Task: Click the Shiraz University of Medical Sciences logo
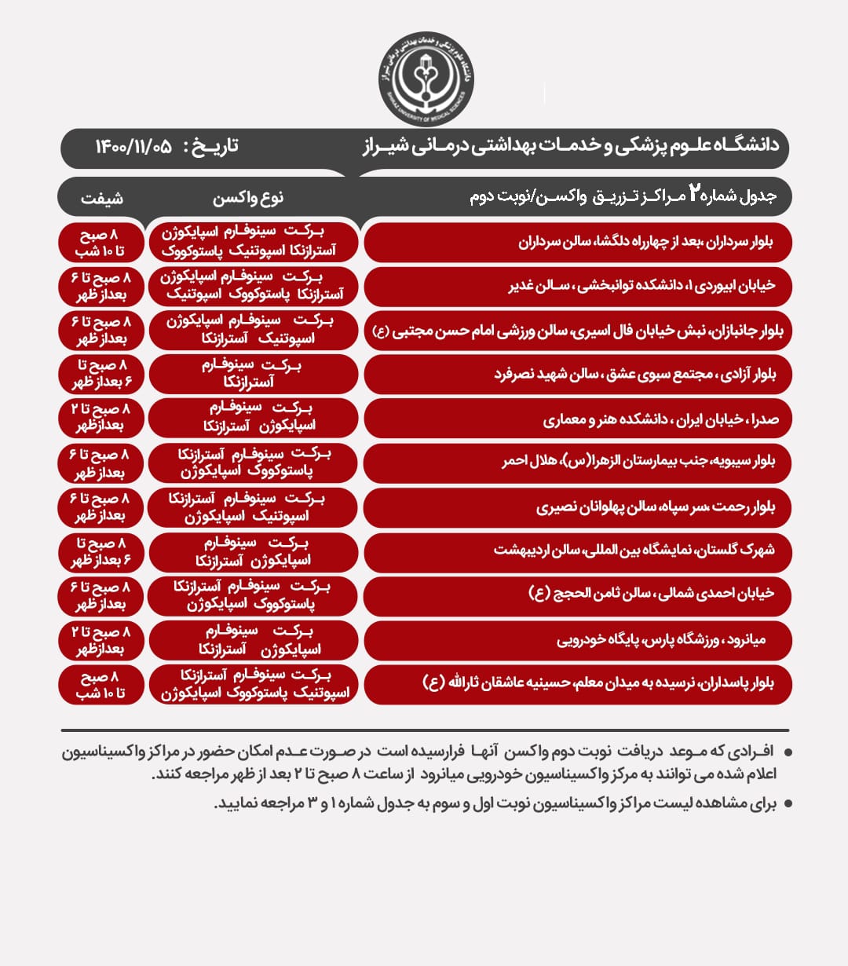(x=425, y=79)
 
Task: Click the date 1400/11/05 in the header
(x=133, y=147)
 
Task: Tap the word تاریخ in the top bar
(x=210, y=147)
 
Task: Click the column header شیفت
(x=101, y=198)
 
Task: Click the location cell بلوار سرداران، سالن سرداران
(x=578, y=242)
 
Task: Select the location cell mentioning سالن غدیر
(x=578, y=286)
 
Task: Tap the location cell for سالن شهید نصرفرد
(x=578, y=375)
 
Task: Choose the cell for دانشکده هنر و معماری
(x=578, y=419)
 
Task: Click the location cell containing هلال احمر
(x=578, y=462)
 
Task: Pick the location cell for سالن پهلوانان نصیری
(x=578, y=507)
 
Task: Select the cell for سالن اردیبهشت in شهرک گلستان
(x=578, y=551)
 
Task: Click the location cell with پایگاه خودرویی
(x=578, y=640)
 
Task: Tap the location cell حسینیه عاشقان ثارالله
(x=578, y=683)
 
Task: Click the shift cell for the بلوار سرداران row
(x=101, y=242)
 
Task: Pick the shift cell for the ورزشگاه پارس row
(x=101, y=640)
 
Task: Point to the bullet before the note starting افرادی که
(x=788, y=752)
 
